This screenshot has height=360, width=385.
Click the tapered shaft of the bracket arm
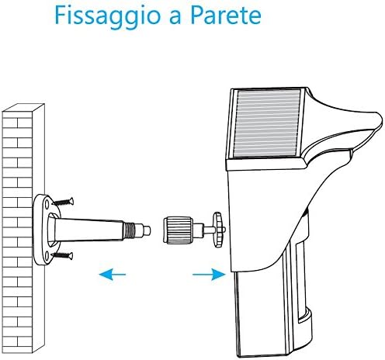point(93,228)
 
